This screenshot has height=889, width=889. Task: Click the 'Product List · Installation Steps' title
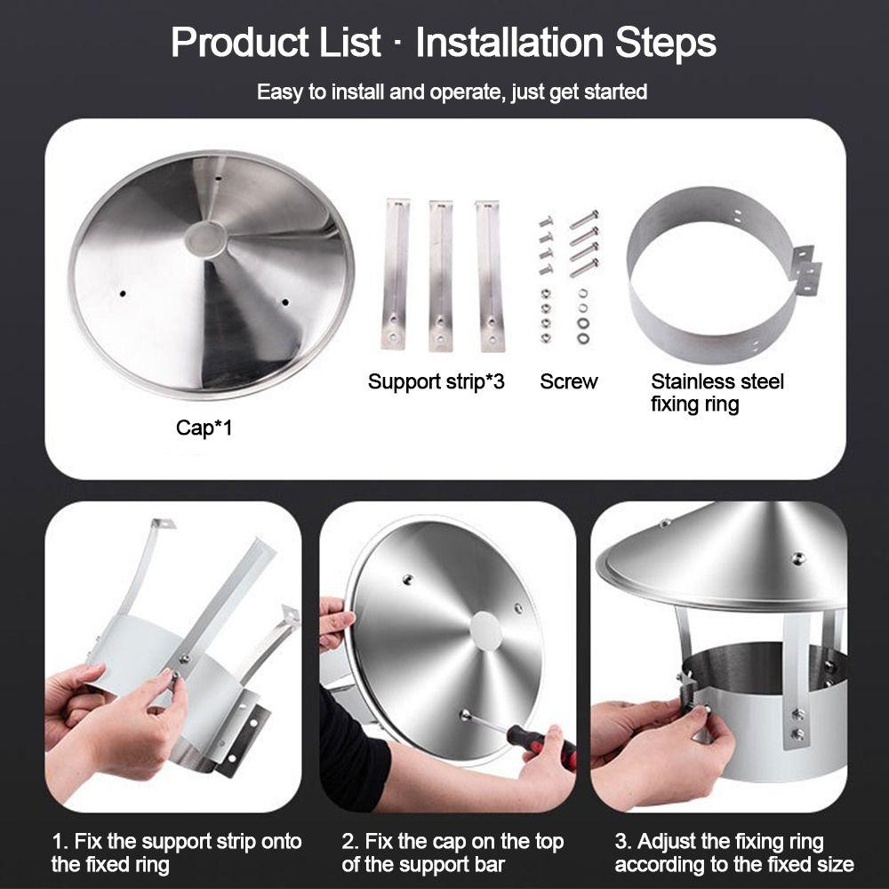pos(444,42)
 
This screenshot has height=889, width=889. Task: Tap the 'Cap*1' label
pos(204,428)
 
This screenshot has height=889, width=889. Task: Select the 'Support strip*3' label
pos(436,381)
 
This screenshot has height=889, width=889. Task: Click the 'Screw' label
pos(569,381)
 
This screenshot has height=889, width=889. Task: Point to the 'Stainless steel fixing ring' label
pos(717,393)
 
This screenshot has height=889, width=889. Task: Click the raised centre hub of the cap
pos(205,238)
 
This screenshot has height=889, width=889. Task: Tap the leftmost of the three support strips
pos(396,274)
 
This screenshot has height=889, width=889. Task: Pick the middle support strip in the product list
pos(441,276)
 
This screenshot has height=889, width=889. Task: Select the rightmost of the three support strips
pos(489,276)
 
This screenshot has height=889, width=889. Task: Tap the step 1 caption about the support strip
pos(176,853)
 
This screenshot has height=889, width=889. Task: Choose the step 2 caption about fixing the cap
pos(453,853)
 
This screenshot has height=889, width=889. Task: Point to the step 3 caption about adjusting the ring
pos(734,853)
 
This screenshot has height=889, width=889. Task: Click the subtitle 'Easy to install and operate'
pos(452,92)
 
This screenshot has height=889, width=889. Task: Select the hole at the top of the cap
pos(218,178)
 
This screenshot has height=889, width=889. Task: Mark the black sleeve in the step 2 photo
pos(351,749)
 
